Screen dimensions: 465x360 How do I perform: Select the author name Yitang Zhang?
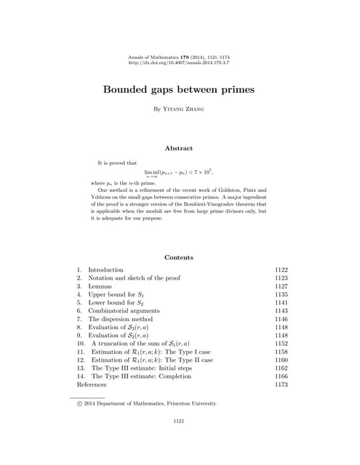[179, 109]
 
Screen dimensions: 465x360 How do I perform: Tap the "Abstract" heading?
[179, 148]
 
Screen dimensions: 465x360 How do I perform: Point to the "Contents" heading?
[179, 257]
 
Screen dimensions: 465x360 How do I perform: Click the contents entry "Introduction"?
[105, 270]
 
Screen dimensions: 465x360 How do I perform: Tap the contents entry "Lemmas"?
[101, 286]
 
